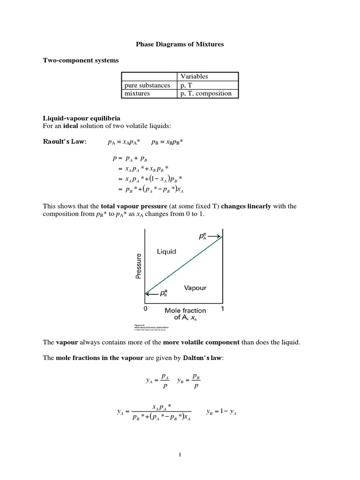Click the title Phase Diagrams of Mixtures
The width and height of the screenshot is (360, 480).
[x=180, y=45]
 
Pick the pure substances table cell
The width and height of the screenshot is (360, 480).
[x=147, y=85]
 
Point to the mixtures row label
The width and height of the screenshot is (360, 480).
[x=137, y=93]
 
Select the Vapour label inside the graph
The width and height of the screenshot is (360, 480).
[x=195, y=288]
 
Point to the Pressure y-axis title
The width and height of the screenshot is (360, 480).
[x=139, y=266]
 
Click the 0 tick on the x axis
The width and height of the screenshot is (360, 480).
[x=145, y=309]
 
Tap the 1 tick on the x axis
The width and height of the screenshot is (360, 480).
[x=222, y=309]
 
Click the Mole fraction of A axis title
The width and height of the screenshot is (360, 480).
[x=185, y=314]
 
